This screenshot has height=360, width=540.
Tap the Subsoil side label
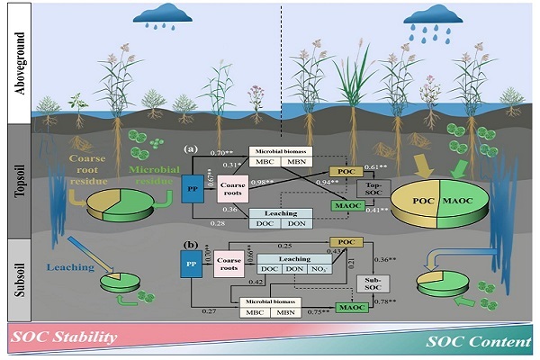pyautogui.click(x=16, y=265)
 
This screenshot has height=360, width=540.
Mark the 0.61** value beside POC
pyautogui.click(x=376, y=168)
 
